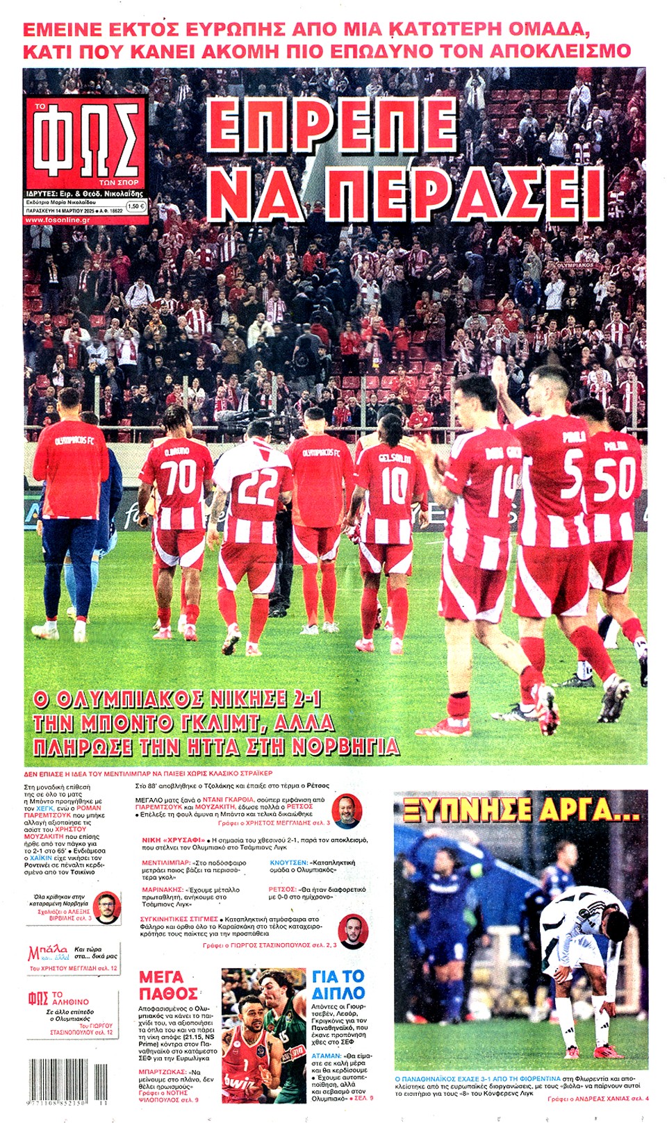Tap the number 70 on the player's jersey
point(179,479)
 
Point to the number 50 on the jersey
point(614,479)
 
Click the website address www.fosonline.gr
point(58,220)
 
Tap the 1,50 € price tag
point(135,206)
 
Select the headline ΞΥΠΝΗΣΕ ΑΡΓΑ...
point(520,809)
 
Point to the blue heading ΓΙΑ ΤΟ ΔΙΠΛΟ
point(338,985)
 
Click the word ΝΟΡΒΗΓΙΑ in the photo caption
point(345,746)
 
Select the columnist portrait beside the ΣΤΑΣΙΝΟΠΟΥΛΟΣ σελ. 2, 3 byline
point(352,931)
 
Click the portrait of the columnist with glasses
point(106,906)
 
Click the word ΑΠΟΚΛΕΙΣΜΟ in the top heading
point(561,51)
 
